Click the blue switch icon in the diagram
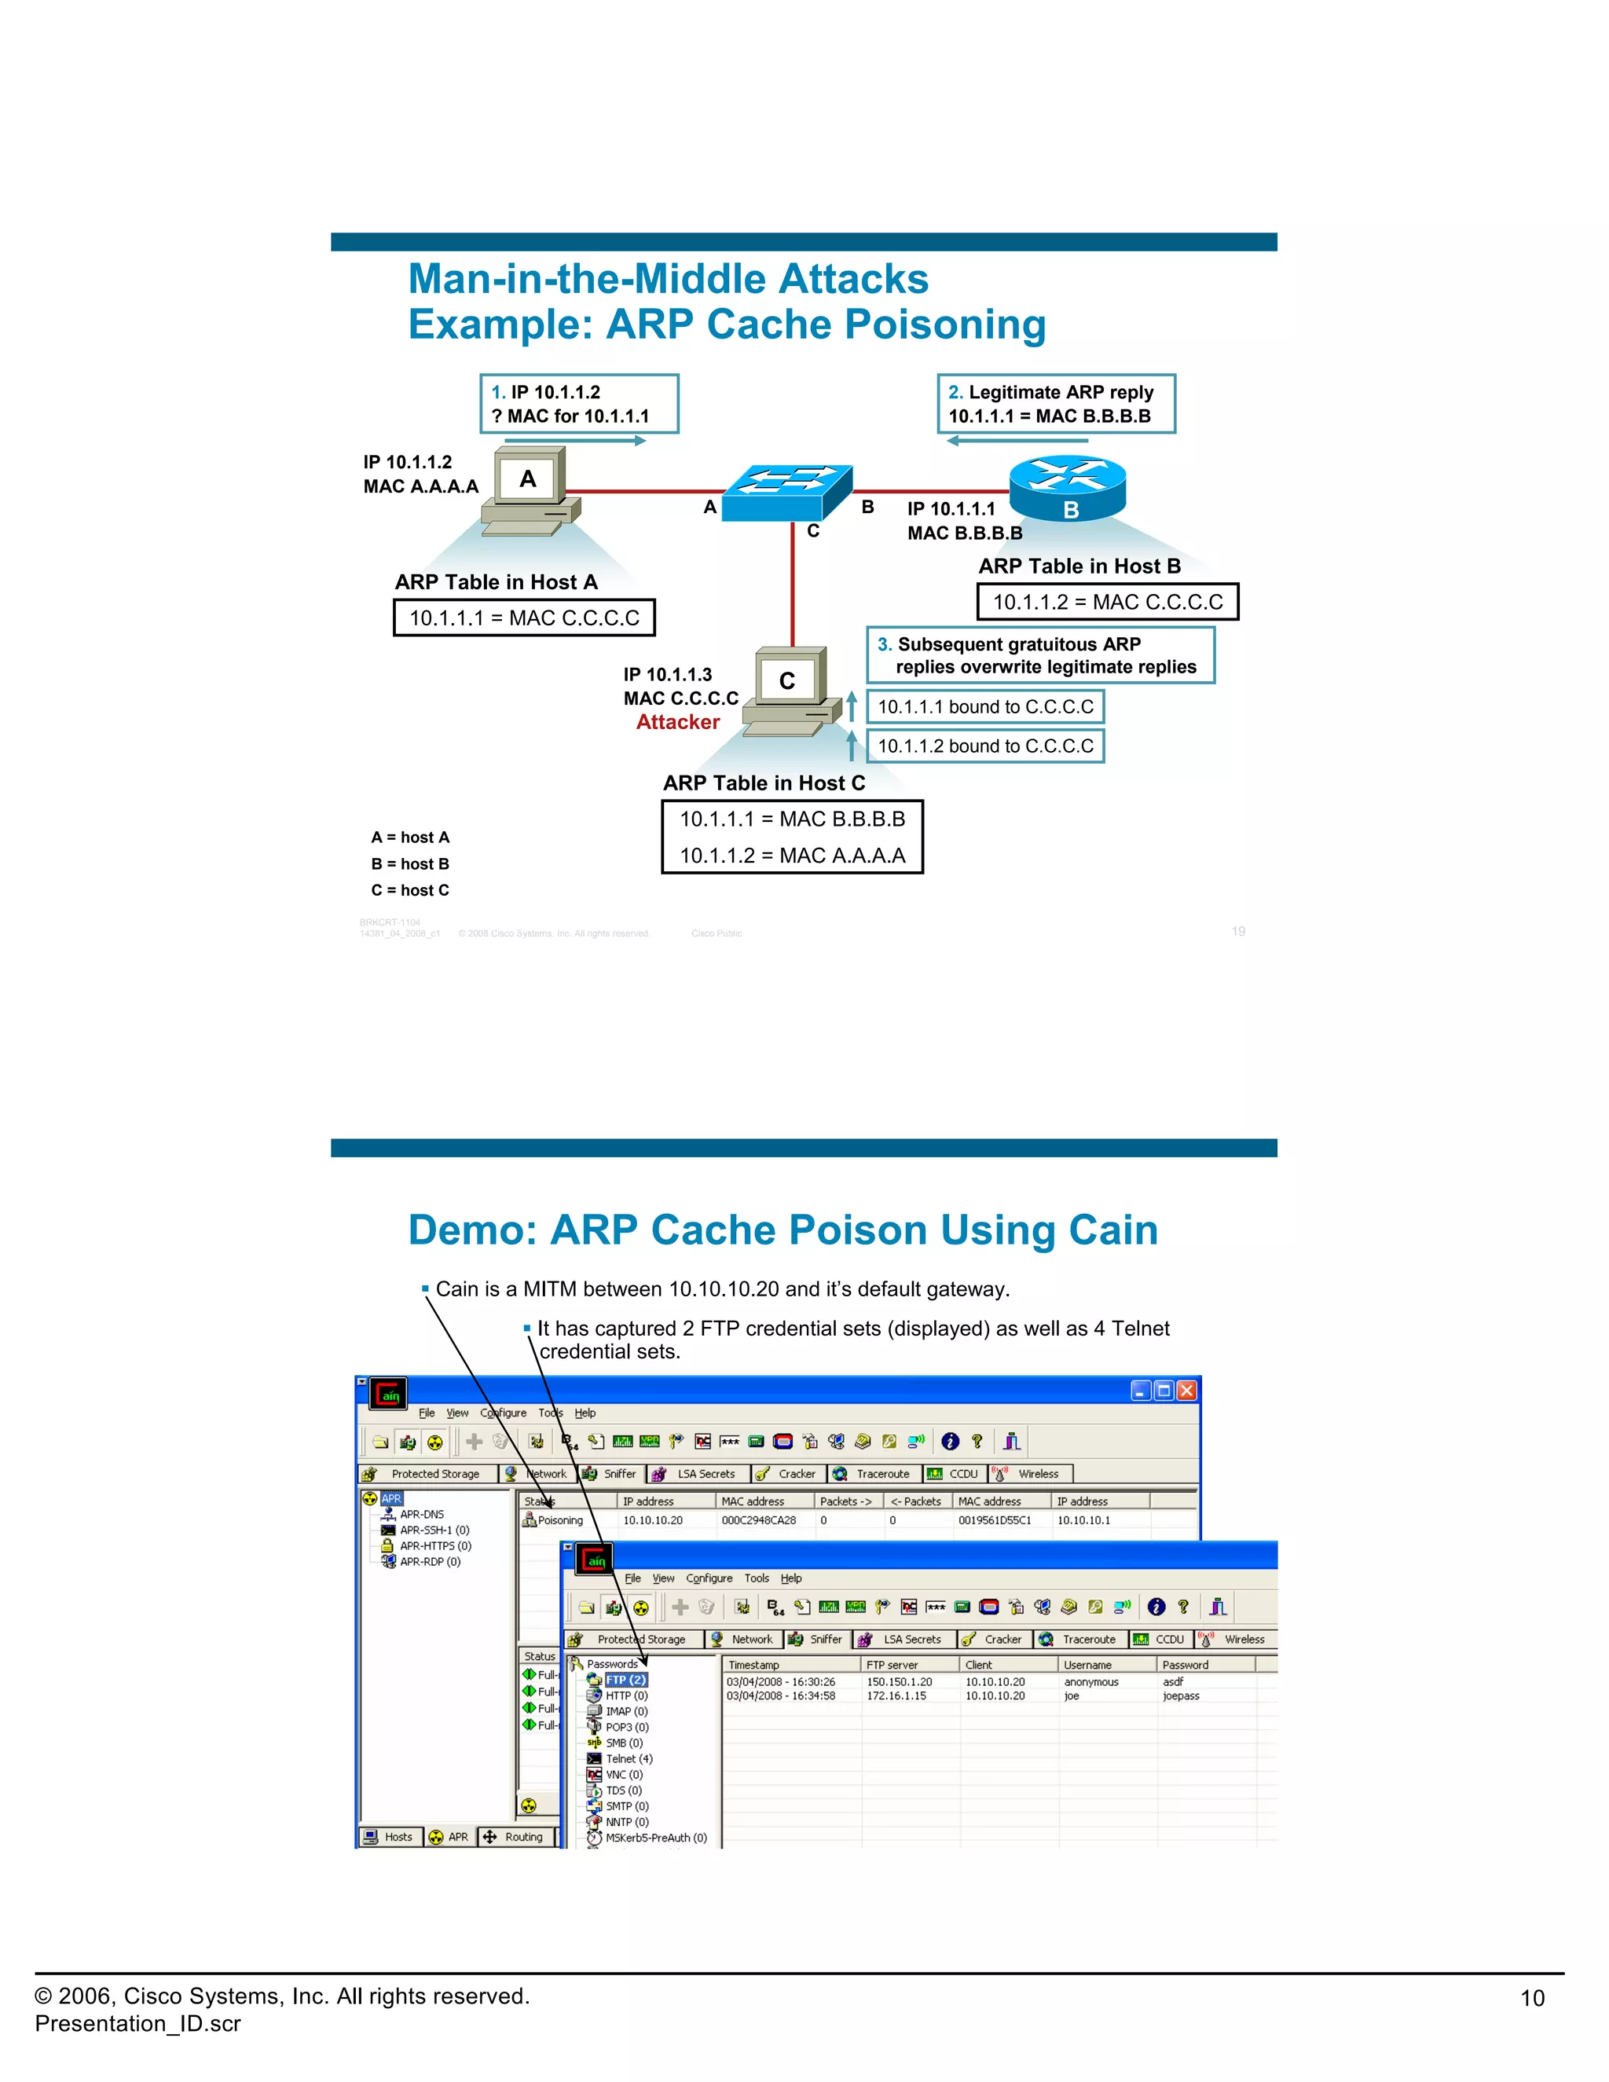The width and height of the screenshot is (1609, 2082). pyautogui.click(x=787, y=492)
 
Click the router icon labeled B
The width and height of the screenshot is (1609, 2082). pyautogui.click(x=1068, y=486)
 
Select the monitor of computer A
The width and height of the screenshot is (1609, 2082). pyautogui.click(x=528, y=478)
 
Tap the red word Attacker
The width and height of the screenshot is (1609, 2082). pyautogui.click(x=678, y=723)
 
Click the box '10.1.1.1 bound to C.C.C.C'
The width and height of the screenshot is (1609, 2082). pyautogui.click(x=984, y=707)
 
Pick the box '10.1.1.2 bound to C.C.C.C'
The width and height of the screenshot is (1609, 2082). pyautogui.click(x=984, y=746)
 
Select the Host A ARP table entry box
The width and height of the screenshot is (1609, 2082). pyautogui.click(x=524, y=618)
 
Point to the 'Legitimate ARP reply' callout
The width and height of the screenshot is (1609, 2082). pyautogui.click(x=1055, y=404)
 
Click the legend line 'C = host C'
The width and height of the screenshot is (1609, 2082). pyautogui.click(x=410, y=890)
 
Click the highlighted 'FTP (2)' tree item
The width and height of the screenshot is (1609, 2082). pyautogui.click(x=626, y=1680)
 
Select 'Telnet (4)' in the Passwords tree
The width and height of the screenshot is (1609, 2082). pyautogui.click(x=629, y=1759)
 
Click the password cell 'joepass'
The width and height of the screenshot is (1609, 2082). pyautogui.click(x=1181, y=1696)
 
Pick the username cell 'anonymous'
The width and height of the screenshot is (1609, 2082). pyautogui.click(x=1090, y=1683)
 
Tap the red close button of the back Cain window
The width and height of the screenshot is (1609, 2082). pyautogui.click(x=1187, y=1391)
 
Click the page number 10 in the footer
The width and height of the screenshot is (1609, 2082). pyautogui.click(x=1532, y=1998)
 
